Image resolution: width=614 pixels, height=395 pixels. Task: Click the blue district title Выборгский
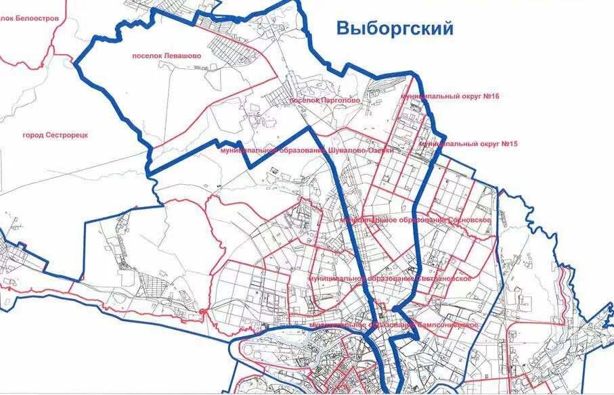pos(395,29)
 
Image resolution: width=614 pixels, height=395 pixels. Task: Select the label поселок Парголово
pos(324,100)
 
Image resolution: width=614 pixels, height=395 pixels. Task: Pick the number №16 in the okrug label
pos(491,97)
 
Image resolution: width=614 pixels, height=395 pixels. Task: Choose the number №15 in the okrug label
pos(508,144)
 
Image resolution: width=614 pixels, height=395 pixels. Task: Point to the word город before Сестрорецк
pos(34,135)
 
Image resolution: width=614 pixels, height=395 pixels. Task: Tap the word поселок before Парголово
pos(303,100)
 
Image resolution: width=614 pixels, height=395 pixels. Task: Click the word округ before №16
pos(464,97)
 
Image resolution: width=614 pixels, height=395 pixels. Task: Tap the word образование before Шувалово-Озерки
pos(301,150)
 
